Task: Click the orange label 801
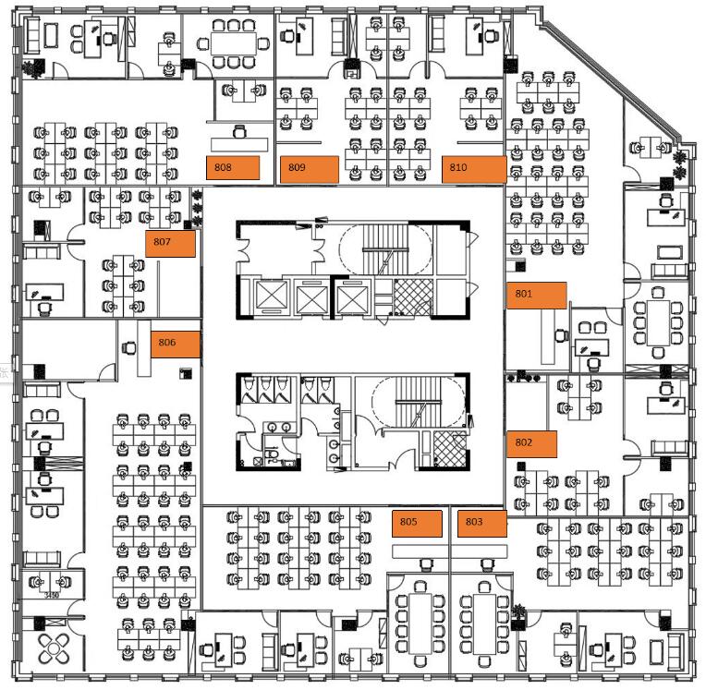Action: (x=536, y=296)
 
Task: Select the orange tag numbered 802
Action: (x=531, y=444)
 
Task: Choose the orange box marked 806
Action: (x=176, y=344)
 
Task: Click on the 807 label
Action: (x=170, y=244)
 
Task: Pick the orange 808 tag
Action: (x=232, y=169)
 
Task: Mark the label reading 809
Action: (x=310, y=169)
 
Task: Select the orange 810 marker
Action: (x=473, y=169)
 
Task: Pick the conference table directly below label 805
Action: (x=417, y=621)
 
